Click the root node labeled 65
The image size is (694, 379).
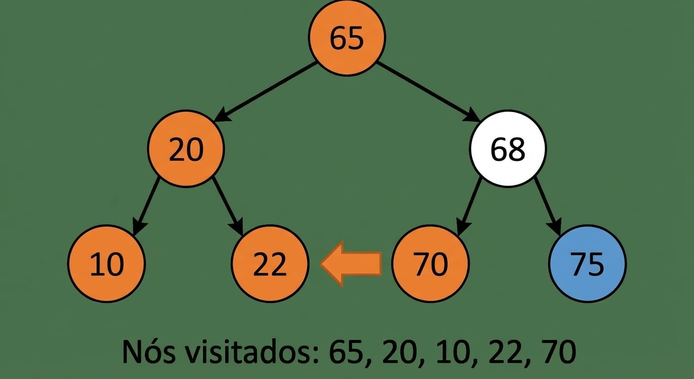[347, 38]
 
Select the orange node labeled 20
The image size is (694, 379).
[186, 149]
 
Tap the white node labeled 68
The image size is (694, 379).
[508, 149]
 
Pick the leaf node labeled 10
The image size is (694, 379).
[106, 264]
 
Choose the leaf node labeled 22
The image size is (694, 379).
[270, 264]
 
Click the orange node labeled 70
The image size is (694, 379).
[431, 264]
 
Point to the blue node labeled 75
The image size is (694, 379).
[588, 264]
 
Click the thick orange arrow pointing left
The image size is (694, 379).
[351, 264]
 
